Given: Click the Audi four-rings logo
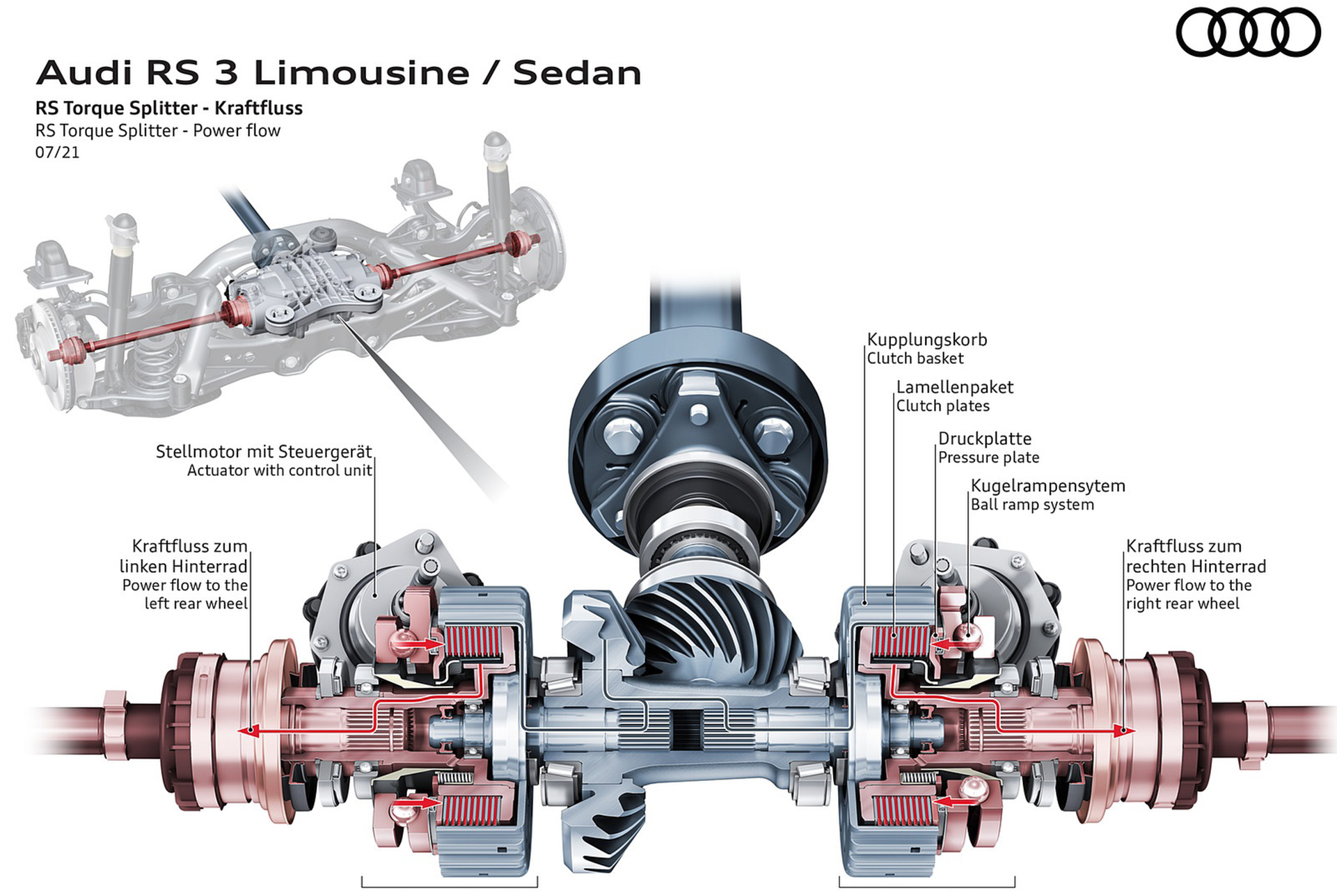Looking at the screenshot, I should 1248,32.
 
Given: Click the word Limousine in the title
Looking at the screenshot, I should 361,73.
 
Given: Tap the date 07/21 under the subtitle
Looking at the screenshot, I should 58,152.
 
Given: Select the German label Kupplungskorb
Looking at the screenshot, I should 927,340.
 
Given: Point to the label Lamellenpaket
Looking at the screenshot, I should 954,387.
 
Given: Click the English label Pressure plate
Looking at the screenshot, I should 988,458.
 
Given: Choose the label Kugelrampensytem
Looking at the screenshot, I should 1047,486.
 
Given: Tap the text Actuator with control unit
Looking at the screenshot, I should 279,471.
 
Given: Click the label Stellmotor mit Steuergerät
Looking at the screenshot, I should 264,452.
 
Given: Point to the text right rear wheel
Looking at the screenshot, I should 1182,604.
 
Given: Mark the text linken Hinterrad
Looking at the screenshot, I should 183,567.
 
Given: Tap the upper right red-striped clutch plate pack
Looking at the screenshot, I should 900,642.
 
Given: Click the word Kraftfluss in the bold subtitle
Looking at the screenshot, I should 258,109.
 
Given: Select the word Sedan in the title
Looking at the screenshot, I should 577,73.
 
